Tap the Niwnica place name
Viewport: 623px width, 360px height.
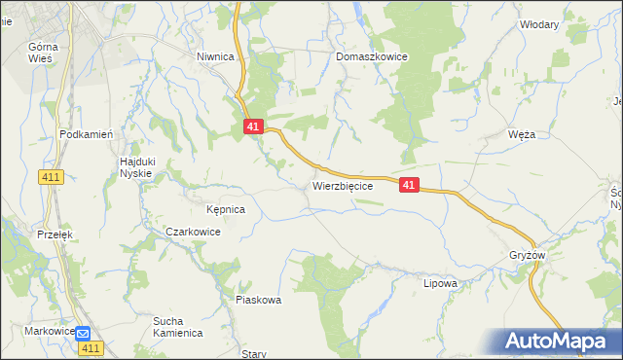pyautogui.click(x=216, y=57)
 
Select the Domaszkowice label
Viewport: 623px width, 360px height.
pyautogui.click(x=372, y=57)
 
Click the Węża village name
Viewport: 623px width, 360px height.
pyautogui.click(x=522, y=134)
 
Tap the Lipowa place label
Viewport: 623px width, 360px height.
pyautogui.click(x=440, y=284)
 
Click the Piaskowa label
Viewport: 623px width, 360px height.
pyautogui.click(x=259, y=301)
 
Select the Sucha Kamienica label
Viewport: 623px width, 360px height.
pyautogui.click(x=177, y=326)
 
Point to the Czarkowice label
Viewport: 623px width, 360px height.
pyautogui.click(x=193, y=233)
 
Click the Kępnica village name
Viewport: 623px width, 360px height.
pyautogui.click(x=226, y=209)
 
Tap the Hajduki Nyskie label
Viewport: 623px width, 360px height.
pyautogui.click(x=136, y=166)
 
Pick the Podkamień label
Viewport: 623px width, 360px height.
pyautogui.click(x=88, y=135)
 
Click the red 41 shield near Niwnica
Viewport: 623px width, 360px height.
pyautogui.click(x=253, y=127)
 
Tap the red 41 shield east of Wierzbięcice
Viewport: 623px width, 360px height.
pyautogui.click(x=409, y=184)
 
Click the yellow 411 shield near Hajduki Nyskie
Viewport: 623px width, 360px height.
pyautogui.click(x=52, y=176)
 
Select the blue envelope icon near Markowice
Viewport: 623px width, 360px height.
pyautogui.click(x=85, y=332)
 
